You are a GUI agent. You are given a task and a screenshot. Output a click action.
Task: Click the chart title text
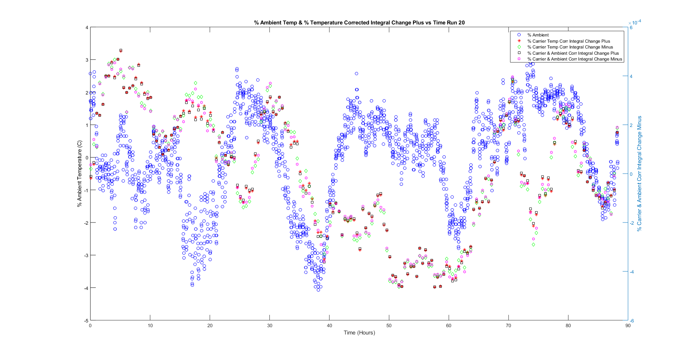(x=359, y=23)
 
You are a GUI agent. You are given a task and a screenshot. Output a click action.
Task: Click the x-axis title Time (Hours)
(x=359, y=333)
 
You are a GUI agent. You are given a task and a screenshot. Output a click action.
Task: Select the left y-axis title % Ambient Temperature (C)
(x=79, y=174)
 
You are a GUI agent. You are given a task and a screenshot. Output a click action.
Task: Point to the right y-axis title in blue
(x=639, y=174)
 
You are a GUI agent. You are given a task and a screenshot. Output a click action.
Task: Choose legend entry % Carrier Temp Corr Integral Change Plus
(x=568, y=41)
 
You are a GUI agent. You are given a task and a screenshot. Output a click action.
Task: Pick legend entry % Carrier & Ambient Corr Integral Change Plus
(x=573, y=53)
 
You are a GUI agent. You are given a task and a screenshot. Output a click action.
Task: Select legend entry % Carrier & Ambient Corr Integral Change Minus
(x=574, y=59)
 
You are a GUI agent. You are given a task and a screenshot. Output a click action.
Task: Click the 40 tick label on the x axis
(x=329, y=326)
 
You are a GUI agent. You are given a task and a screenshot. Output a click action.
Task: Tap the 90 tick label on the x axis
(x=628, y=326)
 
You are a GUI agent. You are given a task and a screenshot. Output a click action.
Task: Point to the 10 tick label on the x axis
(x=150, y=326)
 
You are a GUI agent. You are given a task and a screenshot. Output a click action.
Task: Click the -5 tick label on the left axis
(x=86, y=321)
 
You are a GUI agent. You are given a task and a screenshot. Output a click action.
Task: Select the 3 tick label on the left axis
(x=87, y=60)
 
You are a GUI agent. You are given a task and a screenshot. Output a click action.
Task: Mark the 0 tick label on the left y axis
(x=87, y=158)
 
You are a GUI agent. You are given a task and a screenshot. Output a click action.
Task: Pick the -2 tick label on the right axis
(x=632, y=223)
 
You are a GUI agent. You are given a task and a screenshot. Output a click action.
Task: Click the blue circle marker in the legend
(x=519, y=35)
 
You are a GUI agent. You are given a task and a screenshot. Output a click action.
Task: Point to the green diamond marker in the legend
(x=519, y=47)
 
